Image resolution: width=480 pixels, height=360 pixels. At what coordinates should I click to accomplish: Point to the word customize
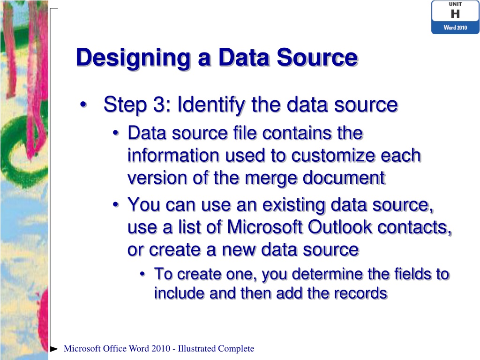point(329,156)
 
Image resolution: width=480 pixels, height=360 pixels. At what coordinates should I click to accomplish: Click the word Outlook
point(341,227)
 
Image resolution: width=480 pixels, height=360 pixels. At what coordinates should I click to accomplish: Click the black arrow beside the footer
point(54,349)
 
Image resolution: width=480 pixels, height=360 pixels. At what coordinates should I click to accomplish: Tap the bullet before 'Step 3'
point(83,105)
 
